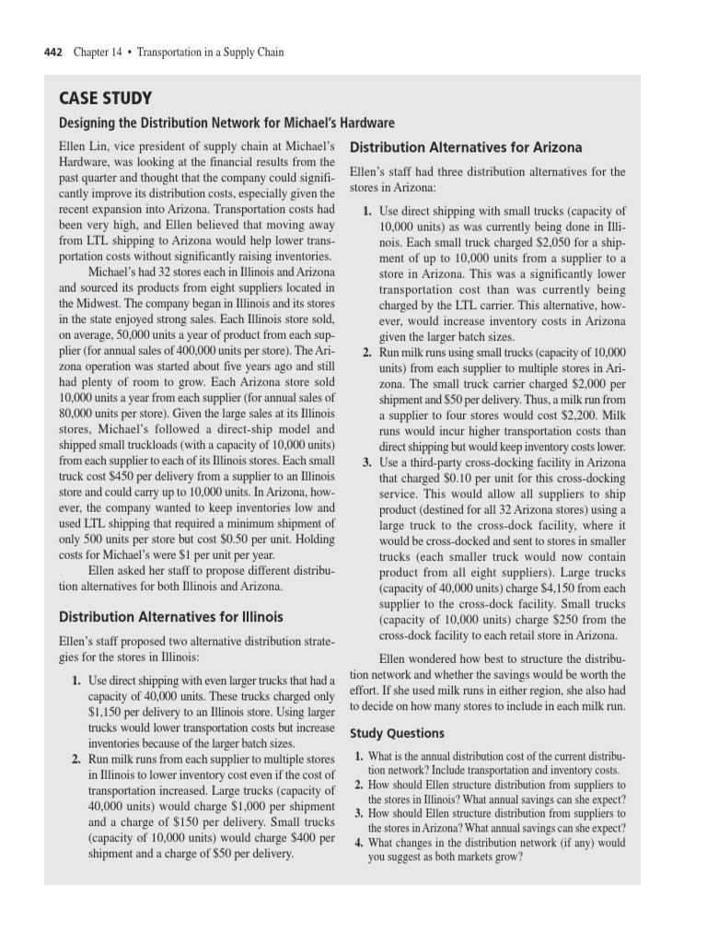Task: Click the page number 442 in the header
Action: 53,52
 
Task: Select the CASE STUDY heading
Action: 105,99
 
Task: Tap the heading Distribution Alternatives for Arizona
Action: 466,147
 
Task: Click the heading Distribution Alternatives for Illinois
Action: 171,616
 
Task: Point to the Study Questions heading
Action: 397,733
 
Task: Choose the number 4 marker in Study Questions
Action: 359,843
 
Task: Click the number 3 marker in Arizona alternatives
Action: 366,462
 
